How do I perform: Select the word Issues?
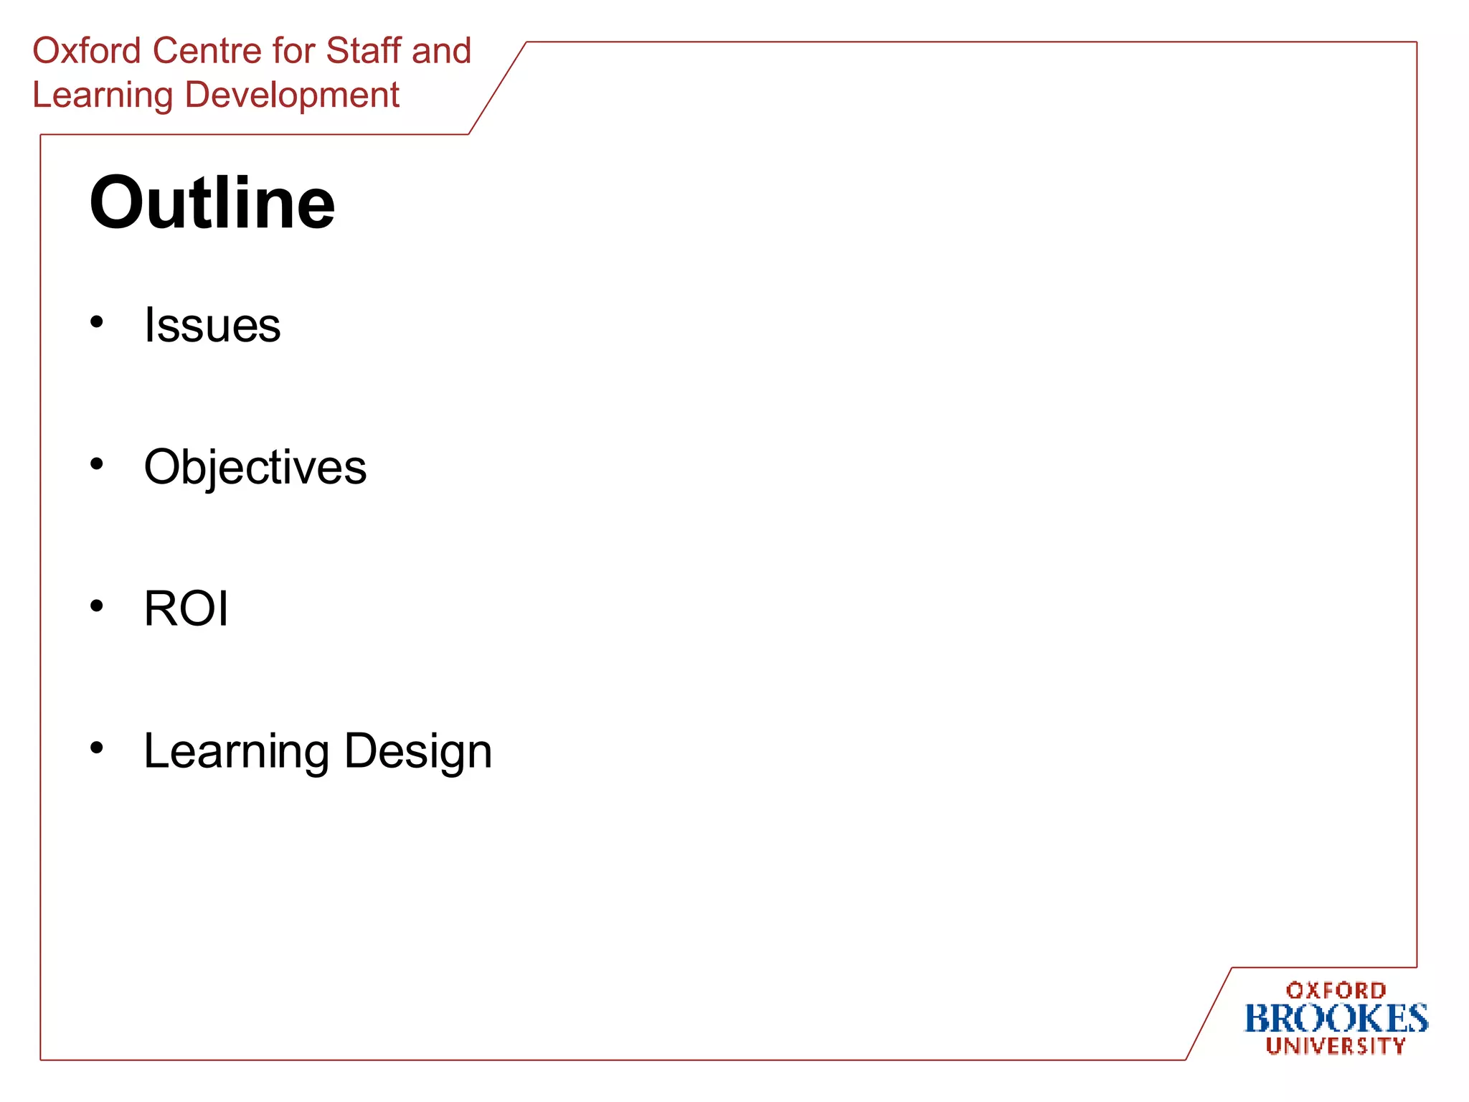pos(212,325)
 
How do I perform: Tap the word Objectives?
pos(255,467)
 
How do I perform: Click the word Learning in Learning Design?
pos(237,751)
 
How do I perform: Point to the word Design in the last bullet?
pos(418,751)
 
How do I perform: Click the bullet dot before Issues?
pos(97,321)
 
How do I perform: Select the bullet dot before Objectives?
pos(97,463)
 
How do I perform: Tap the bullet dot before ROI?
pos(97,606)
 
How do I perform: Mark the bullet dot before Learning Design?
pos(97,748)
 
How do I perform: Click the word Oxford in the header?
pos(87,51)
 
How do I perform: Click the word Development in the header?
pos(292,95)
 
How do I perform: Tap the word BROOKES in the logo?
pos(1336,1019)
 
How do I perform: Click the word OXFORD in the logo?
pos(1336,991)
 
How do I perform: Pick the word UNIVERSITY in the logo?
pos(1336,1046)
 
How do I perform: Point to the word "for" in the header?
pos(294,51)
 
